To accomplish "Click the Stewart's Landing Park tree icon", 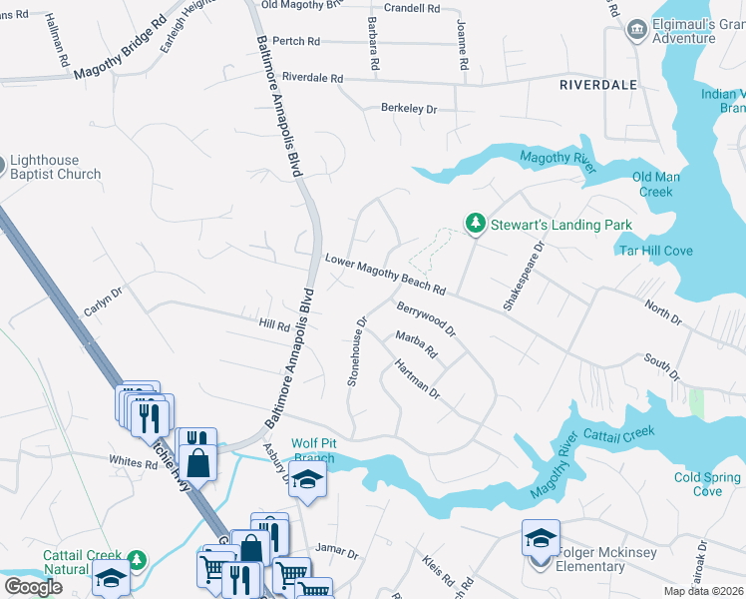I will pos(477,224).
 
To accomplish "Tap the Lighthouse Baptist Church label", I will pos(55,167).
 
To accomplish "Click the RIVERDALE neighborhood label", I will pos(597,85).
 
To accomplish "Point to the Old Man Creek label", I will pos(655,184).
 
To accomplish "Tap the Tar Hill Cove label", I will pos(655,251).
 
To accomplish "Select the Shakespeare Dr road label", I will pos(524,275).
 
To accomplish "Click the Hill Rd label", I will pos(273,324).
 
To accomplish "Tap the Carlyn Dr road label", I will pos(102,302).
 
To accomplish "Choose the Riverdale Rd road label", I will pos(312,77).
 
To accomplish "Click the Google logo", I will pos(33,587).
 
